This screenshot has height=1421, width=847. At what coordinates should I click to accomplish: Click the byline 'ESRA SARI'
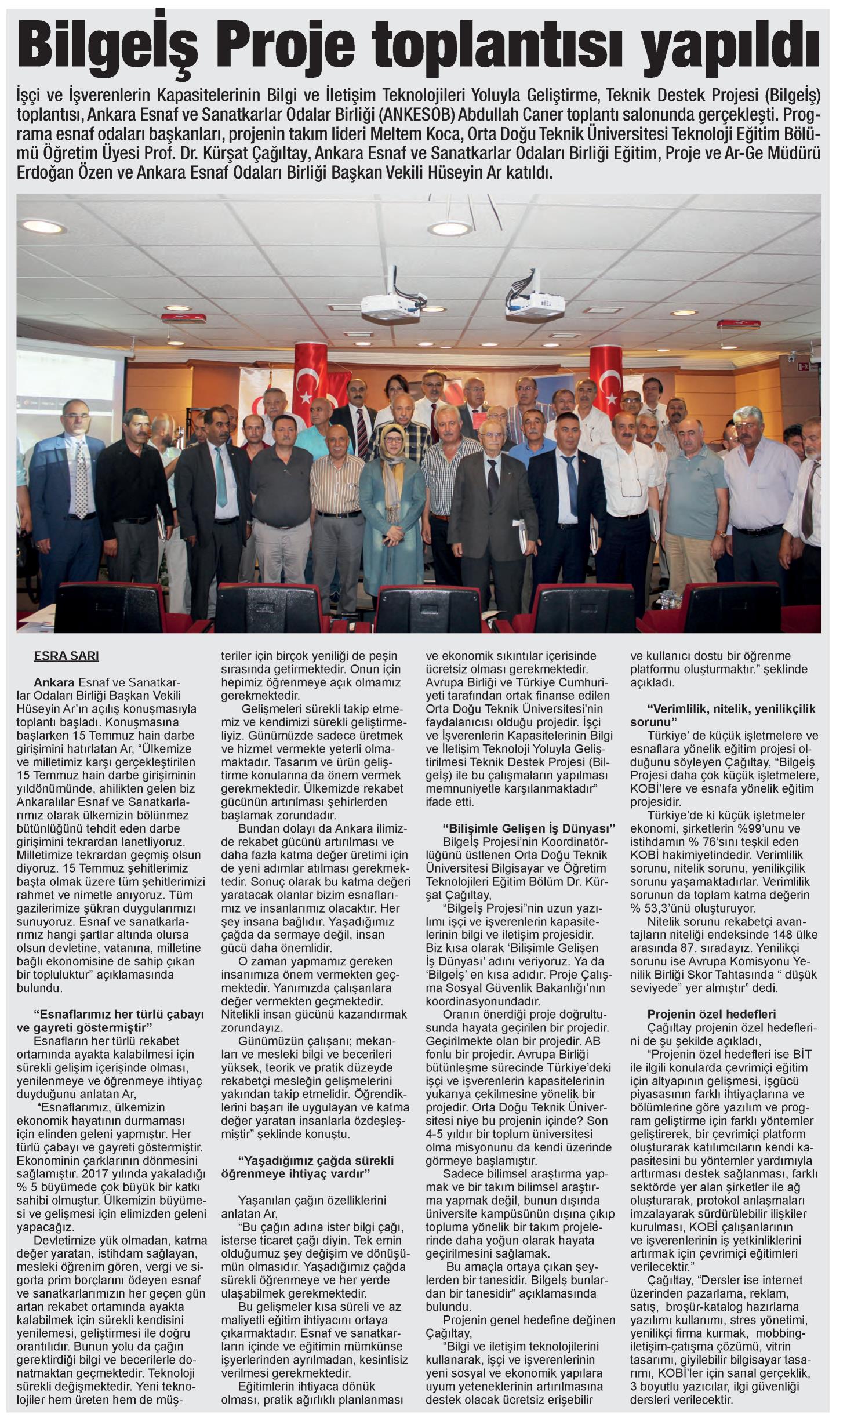(67, 656)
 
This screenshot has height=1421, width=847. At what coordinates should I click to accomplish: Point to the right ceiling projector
(535, 301)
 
